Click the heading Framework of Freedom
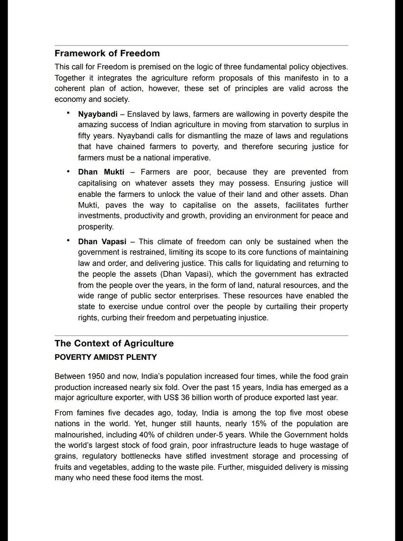[107, 53]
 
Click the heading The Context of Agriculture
[114, 343]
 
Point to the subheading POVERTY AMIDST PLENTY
[106, 357]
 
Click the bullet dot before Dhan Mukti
[68, 171]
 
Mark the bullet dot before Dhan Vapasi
[68, 241]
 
